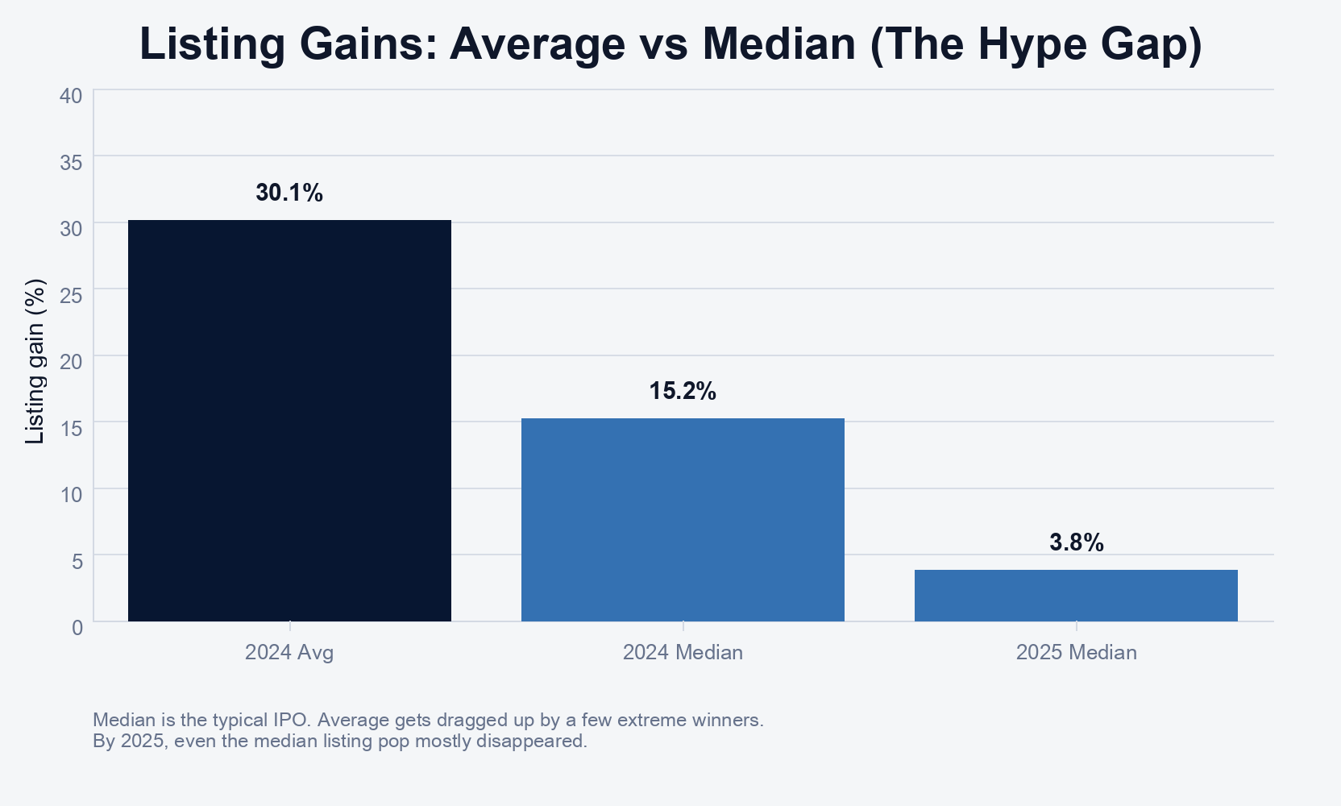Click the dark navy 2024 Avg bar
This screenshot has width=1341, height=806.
[289, 420]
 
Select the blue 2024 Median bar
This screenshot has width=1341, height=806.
[683, 519]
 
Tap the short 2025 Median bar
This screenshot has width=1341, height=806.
[1076, 595]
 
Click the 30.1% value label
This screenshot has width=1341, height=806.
[289, 193]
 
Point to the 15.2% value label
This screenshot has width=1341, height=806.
[683, 391]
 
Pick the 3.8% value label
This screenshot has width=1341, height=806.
[1076, 542]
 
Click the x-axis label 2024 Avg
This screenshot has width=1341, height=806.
[289, 652]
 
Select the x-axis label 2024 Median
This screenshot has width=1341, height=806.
[683, 652]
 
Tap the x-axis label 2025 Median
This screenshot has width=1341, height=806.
[1076, 652]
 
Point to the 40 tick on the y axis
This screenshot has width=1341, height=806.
[71, 96]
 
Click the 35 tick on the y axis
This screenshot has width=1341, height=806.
[71, 163]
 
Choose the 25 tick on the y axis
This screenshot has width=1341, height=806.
[71, 295]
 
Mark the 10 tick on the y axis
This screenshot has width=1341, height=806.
[71, 494]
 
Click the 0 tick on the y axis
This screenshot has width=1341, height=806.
[77, 627]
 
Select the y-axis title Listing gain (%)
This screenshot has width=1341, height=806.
[35, 361]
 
